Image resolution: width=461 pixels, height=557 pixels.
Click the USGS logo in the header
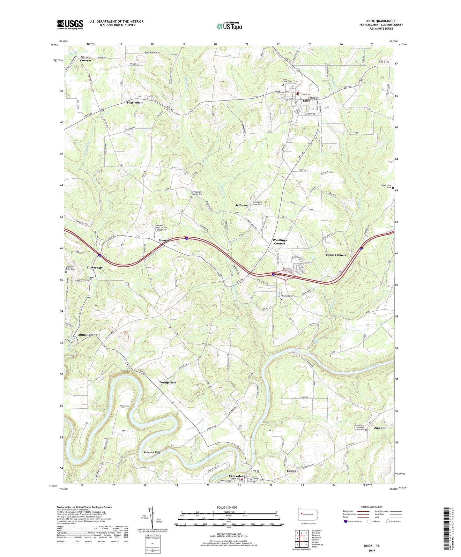[70, 25]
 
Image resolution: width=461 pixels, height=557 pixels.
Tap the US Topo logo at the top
[229, 26]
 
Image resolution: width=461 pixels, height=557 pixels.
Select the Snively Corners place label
[86, 59]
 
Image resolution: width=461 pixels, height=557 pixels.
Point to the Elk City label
[383, 62]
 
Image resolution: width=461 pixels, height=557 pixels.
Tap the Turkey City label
[95, 268]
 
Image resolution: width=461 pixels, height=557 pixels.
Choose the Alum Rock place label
[86, 335]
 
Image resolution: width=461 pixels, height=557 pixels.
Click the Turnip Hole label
[167, 382]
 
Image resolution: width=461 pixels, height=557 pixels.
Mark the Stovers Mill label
[152, 452]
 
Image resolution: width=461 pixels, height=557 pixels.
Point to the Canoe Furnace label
[336, 255]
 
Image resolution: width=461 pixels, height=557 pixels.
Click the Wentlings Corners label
[279, 241]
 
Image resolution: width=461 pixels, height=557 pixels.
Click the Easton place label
[291, 471]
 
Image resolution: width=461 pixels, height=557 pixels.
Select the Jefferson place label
[242, 205]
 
